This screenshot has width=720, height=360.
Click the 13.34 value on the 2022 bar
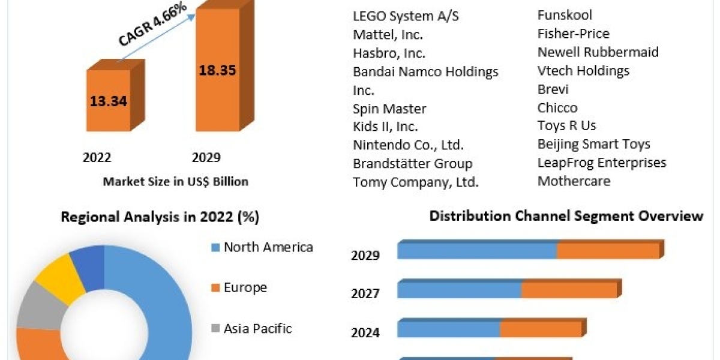[x=109, y=101]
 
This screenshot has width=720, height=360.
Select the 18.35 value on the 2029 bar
[x=218, y=70]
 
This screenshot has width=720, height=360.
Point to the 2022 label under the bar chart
[x=97, y=158]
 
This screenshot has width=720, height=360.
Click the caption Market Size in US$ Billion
[x=176, y=181]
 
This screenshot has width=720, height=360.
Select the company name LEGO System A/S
[x=406, y=16]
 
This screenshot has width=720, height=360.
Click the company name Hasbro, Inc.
[x=388, y=53]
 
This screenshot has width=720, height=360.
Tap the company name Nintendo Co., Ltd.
[x=408, y=145]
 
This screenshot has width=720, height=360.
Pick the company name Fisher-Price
[x=573, y=34]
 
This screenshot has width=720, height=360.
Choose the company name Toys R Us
[x=566, y=126]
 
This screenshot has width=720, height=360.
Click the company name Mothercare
[x=574, y=181]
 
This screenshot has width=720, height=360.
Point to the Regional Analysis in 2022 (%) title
[x=160, y=217]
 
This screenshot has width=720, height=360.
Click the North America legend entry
[x=268, y=247]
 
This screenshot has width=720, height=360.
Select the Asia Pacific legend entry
[x=257, y=328]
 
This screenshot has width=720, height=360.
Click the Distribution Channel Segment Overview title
[x=566, y=216]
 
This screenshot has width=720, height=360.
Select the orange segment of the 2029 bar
[x=608, y=251]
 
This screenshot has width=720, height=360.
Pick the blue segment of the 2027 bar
[x=459, y=290]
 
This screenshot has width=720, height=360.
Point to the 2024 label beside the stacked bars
[x=365, y=332]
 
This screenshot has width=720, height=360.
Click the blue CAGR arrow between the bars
[x=157, y=37]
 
